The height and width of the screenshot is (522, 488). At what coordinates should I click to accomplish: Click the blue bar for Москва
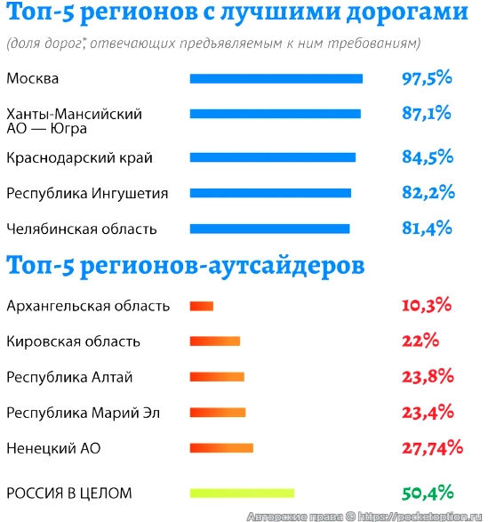coord(276,78)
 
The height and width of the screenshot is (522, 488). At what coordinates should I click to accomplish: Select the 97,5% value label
coord(427,78)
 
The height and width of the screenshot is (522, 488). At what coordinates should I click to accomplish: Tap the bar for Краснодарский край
coord(272,157)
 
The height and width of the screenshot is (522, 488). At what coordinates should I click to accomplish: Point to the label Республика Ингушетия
coord(86,193)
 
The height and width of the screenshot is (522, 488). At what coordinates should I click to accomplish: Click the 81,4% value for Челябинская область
coord(427,229)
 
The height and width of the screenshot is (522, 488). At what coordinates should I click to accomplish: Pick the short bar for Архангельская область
coord(201,306)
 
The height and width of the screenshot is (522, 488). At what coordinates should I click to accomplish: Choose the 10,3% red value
coord(428,306)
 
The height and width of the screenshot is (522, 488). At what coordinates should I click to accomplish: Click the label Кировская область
coord(73,341)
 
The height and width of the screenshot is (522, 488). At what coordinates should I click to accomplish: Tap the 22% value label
coord(420,341)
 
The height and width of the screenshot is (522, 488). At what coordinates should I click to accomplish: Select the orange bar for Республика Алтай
coord(217,377)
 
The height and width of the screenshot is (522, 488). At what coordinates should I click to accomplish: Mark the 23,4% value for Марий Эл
coord(428,413)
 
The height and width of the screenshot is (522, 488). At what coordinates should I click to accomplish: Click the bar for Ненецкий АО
coord(221,447)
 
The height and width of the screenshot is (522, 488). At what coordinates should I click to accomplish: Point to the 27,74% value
coord(432,447)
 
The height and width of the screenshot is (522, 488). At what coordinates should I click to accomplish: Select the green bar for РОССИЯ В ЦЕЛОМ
coord(242,493)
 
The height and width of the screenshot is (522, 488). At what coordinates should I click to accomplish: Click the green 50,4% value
coord(428,493)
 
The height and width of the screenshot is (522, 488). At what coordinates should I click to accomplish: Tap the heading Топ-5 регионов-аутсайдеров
coord(184,265)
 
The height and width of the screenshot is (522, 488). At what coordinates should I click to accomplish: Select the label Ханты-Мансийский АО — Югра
coord(73,121)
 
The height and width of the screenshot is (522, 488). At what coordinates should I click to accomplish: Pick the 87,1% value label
coord(427,114)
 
